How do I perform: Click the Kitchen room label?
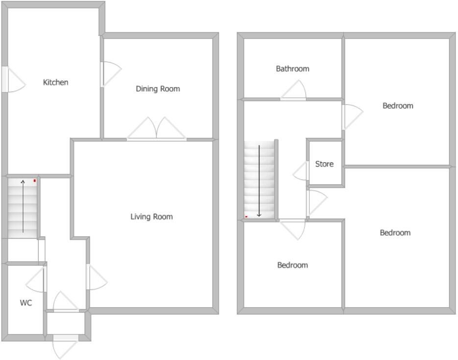(56, 82)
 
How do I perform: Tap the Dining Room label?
(158, 89)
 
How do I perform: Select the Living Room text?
(151, 217)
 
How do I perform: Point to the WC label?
(26, 303)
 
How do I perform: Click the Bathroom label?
(293, 69)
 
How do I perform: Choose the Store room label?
(324, 164)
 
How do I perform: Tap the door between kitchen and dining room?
(110, 74)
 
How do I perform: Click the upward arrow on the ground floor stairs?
(23, 205)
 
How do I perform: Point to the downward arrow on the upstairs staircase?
(259, 181)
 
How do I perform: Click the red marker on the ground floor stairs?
(35, 181)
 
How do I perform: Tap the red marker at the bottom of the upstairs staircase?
(246, 216)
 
